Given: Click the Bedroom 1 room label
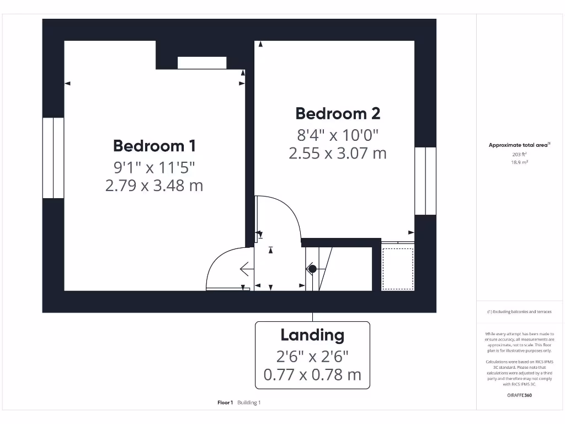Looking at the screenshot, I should pyautogui.click(x=154, y=146).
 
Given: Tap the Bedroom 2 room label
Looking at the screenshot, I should pyautogui.click(x=338, y=114).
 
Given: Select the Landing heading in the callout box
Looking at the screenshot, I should pyautogui.click(x=312, y=335).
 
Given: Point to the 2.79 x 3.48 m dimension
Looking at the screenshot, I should pyautogui.click(x=154, y=186).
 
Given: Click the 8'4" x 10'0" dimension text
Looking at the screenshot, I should pyautogui.click(x=338, y=135).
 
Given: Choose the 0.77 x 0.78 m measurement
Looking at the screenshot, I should pyautogui.click(x=312, y=375).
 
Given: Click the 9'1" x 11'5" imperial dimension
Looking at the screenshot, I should pyautogui.click(x=154, y=167).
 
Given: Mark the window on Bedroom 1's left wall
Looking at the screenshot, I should pyautogui.click(x=54, y=157).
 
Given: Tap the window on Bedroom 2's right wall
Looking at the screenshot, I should pyautogui.click(x=425, y=181).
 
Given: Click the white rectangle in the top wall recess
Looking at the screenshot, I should pyautogui.click(x=202, y=62).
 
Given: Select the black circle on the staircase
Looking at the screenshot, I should pyautogui.click(x=312, y=269).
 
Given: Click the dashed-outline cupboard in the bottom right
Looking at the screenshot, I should pyautogui.click(x=398, y=268).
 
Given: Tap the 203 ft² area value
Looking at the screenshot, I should pyautogui.click(x=518, y=155).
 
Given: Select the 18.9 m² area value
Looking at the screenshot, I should pyautogui.click(x=518, y=162).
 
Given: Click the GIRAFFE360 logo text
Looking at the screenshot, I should pyautogui.click(x=518, y=395).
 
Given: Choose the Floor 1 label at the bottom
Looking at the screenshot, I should pyautogui.click(x=225, y=403).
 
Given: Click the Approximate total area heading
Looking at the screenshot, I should pyautogui.click(x=518, y=145).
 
